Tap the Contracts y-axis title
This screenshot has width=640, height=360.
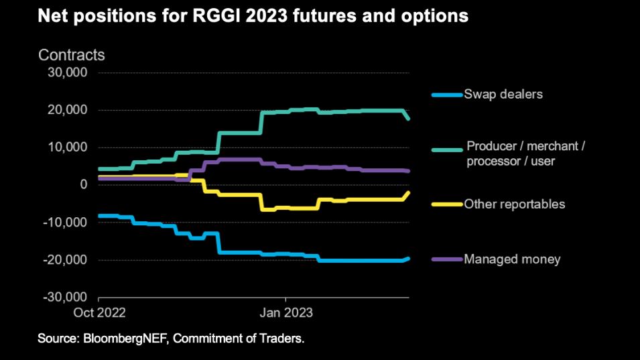point(71,55)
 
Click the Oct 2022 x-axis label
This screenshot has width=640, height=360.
point(99,312)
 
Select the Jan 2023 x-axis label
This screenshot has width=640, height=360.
point(286,312)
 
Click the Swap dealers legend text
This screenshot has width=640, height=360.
point(503,94)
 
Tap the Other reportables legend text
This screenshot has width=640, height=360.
point(515,204)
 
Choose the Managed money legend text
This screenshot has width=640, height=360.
point(512,259)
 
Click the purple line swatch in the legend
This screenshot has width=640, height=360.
point(448,259)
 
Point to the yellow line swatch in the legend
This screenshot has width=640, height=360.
point(448,204)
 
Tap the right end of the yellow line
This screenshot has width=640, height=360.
point(408,193)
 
